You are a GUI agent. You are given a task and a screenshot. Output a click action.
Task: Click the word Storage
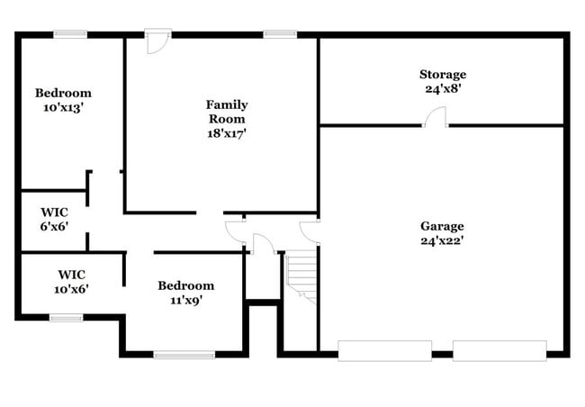(x=442, y=74)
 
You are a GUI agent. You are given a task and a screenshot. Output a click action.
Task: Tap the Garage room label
(x=442, y=225)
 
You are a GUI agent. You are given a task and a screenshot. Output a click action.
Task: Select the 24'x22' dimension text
(x=442, y=240)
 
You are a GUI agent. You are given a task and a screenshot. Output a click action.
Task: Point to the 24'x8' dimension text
(x=442, y=89)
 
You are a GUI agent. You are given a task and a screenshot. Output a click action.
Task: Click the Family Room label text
(x=227, y=111)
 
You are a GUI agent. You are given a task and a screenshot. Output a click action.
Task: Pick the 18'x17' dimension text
(x=227, y=132)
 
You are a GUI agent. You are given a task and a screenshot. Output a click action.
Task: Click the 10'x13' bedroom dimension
(x=63, y=107)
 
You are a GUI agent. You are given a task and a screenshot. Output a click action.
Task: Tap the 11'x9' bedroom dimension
(x=185, y=301)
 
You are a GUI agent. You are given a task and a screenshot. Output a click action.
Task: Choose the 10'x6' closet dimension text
(x=72, y=288)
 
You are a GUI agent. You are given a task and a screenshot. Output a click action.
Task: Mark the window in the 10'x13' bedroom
(x=70, y=34)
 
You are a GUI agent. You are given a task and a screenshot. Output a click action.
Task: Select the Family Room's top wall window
(x=280, y=34)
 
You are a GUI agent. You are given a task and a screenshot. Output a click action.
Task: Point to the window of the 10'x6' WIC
(x=66, y=317)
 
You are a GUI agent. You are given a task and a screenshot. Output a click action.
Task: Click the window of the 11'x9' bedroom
(x=184, y=355)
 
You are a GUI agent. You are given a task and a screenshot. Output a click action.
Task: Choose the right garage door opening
(x=499, y=350)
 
